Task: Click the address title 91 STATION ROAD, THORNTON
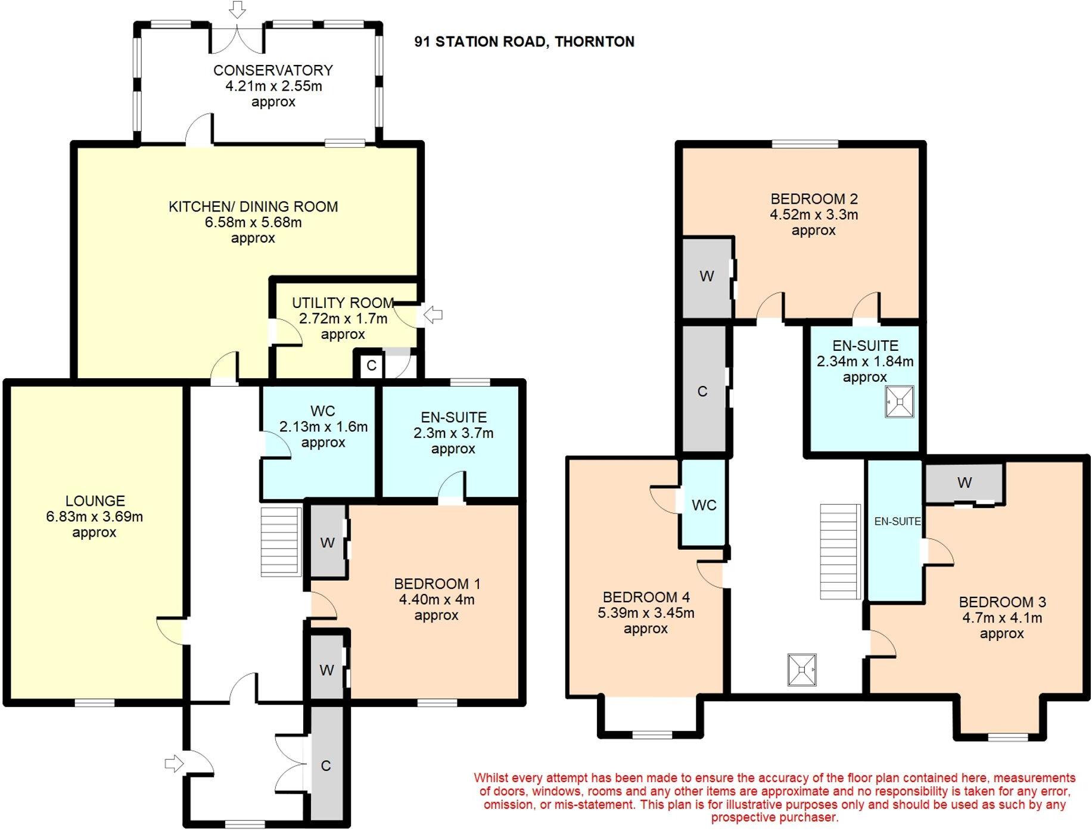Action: (524, 42)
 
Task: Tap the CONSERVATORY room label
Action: (273, 70)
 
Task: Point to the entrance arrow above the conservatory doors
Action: (238, 10)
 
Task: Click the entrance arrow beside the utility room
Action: (434, 315)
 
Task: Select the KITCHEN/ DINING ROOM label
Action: (253, 207)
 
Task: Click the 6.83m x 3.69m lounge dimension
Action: (94, 517)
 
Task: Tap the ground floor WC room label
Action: (322, 411)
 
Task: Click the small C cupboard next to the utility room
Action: (371, 365)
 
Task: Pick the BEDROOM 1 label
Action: (437, 584)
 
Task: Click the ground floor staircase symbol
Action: (281, 541)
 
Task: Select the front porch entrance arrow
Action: (173, 763)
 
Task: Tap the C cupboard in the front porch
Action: (326, 766)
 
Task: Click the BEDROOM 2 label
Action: (814, 199)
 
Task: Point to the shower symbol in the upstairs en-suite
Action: (899, 402)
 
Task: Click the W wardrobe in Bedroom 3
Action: (965, 483)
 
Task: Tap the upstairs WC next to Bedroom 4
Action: (704, 505)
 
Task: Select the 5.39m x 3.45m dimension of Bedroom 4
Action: (646, 613)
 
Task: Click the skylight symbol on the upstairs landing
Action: (801, 670)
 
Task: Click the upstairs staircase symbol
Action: (840, 552)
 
